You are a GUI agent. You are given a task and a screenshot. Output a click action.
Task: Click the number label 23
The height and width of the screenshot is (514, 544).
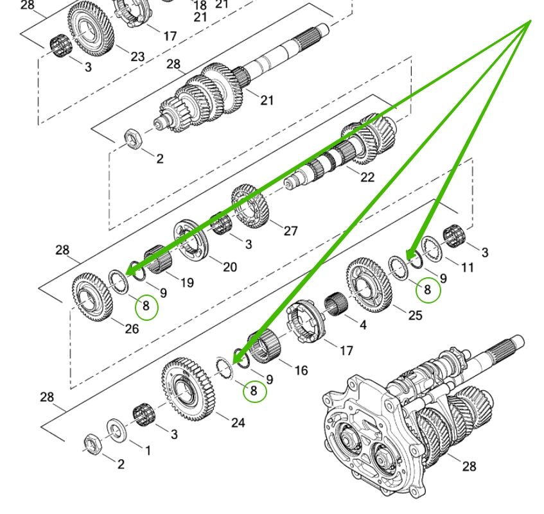(x=137, y=56)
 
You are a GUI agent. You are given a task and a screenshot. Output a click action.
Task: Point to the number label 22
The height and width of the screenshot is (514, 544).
(x=367, y=178)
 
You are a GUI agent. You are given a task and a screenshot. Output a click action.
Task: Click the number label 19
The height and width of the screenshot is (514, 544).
(x=187, y=282)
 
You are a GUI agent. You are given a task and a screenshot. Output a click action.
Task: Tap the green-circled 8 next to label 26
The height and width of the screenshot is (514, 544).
(x=146, y=307)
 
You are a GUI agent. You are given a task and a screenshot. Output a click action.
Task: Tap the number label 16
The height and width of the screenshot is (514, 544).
(x=301, y=370)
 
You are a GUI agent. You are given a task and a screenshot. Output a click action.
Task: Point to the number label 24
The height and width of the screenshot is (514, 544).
(x=238, y=423)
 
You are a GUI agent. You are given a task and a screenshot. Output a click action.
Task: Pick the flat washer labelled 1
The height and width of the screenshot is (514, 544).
(x=117, y=428)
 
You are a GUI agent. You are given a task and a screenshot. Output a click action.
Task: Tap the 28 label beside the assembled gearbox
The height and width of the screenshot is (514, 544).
(x=469, y=466)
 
